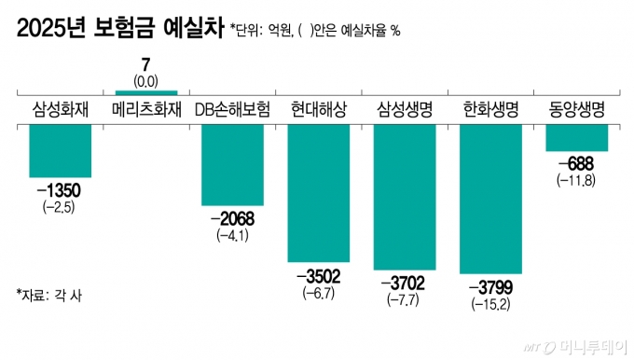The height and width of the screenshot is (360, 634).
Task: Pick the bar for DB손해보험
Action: (x=232, y=163)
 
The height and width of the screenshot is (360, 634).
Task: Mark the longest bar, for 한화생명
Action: (x=490, y=198)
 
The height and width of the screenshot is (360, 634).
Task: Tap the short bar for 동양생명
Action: (x=576, y=137)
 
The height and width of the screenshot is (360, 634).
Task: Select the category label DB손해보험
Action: (x=232, y=109)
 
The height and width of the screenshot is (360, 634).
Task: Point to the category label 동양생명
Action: (x=576, y=109)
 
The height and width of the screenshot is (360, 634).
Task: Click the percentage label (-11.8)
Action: (x=576, y=179)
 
